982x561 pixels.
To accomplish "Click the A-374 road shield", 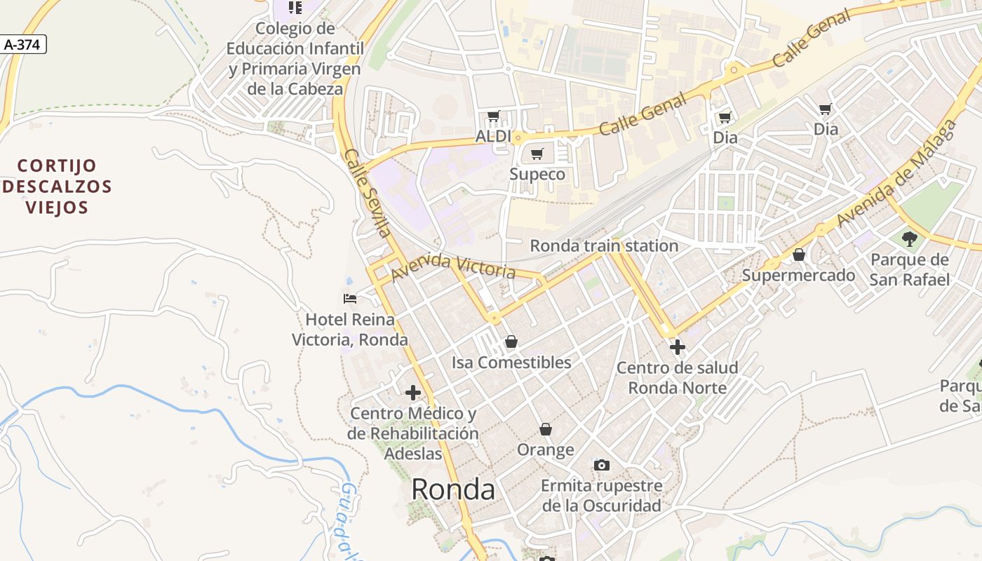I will pos(22,45).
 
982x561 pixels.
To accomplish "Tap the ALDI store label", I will pos(492,136).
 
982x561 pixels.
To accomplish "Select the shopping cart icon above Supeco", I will pos(537,154).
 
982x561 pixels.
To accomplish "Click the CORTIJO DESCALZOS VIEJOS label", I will pos(58,187).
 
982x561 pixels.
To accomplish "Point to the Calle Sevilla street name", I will pos(368,192).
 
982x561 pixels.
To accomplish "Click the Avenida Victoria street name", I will pos(453,266).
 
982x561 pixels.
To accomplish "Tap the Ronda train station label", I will pos(604,246).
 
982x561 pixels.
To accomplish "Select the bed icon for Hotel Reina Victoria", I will pos(350,299).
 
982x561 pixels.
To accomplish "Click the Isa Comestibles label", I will pos(511,363).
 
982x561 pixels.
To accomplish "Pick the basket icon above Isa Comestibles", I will pos(511,342).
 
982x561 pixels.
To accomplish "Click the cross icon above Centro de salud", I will pos(677,347).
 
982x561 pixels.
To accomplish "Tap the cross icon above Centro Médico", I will pos(413,393).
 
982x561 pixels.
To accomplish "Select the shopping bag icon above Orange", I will pos(546,429).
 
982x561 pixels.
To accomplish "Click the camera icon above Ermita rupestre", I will pos(601,465).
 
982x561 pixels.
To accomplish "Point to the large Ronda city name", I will pos(452,489).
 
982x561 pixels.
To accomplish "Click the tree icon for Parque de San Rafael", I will pos(909,239).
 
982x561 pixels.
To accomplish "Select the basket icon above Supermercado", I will pos(798,255).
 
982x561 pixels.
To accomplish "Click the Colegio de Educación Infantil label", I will pos(295,59).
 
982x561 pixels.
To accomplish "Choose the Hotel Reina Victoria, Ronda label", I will pos(350,330).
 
